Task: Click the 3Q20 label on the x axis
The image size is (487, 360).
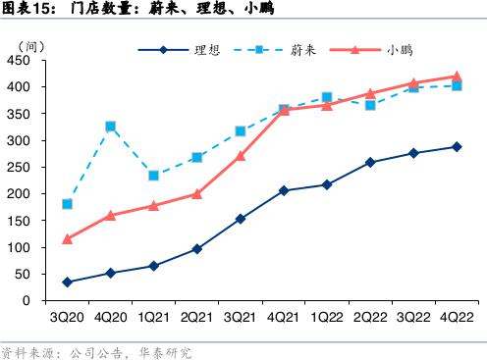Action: [x=67, y=318]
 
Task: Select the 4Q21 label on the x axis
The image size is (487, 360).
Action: [x=283, y=318]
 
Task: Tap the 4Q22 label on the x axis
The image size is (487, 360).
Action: [x=457, y=318]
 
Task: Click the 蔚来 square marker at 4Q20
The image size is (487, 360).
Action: [x=110, y=127]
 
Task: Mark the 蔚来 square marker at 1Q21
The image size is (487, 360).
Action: [x=153, y=176]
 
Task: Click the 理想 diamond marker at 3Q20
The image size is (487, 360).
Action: [x=67, y=283]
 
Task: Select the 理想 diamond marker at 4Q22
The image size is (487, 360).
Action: [x=457, y=147]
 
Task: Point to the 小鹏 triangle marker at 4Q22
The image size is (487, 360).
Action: [x=457, y=76]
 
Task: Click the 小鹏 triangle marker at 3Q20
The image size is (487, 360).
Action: [x=67, y=238]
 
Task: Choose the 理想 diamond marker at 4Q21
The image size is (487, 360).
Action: [x=283, y=190]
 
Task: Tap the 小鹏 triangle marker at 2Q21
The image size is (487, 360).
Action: [x=196, y=193]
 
